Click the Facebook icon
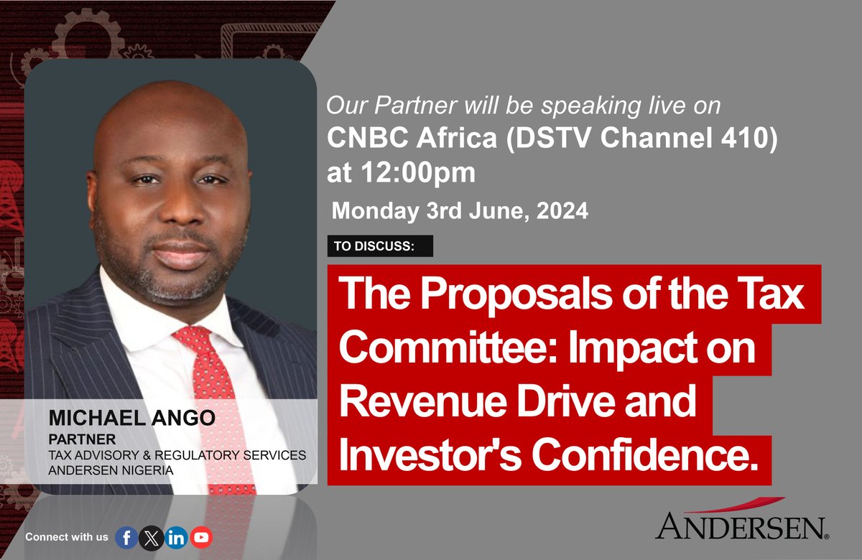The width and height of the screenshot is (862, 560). (126, 537)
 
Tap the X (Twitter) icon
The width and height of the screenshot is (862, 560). (151, 537)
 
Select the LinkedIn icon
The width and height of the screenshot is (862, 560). (175, 537)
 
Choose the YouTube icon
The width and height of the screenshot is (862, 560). (201, 537)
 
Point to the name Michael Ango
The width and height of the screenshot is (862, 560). (131, 419)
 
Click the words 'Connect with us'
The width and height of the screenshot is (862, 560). (66, 537)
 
